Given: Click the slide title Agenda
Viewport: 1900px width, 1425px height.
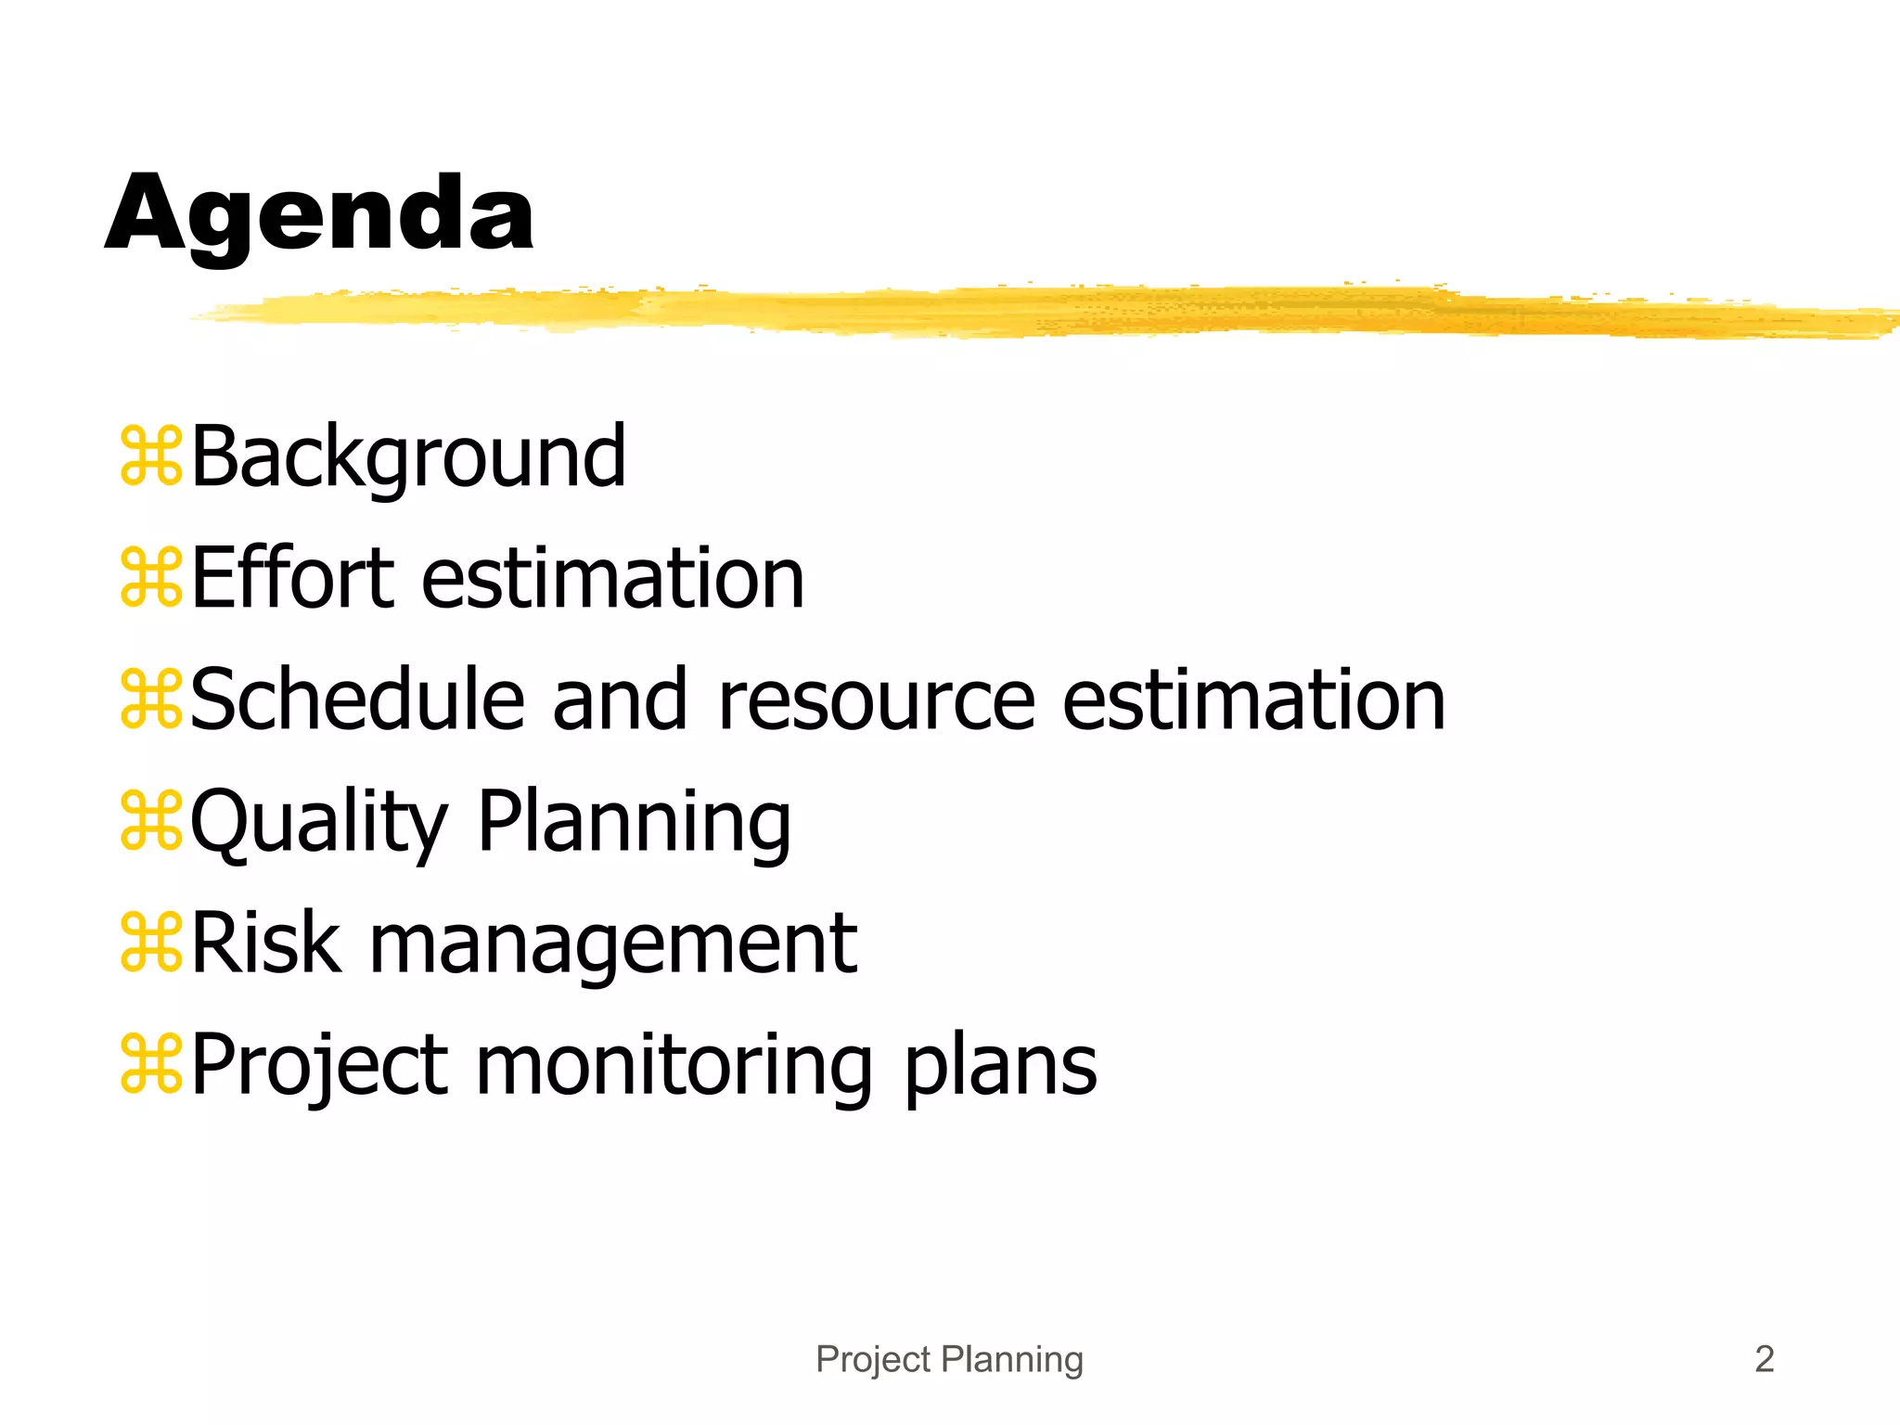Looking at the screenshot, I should click(319, 215).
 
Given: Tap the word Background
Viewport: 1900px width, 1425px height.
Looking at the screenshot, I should click(408, 457).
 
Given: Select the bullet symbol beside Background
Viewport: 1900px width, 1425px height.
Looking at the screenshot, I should click(151, 456).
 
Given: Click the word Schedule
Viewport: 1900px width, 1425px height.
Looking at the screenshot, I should click(358, 700).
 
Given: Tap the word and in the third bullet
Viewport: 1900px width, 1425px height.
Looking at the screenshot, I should click(620, 700).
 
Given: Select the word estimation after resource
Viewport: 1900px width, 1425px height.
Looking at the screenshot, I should click(1253, 700).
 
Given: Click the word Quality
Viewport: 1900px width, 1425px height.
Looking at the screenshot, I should click(319, 824).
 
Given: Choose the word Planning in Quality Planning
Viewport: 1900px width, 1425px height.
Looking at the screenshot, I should click(635, 824).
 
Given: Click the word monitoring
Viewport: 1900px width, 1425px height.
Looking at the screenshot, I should click(674, 1067).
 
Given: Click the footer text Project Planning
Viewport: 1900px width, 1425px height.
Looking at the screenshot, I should click(949, 1359).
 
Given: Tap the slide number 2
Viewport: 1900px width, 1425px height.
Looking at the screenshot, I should click(1765, 1359).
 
